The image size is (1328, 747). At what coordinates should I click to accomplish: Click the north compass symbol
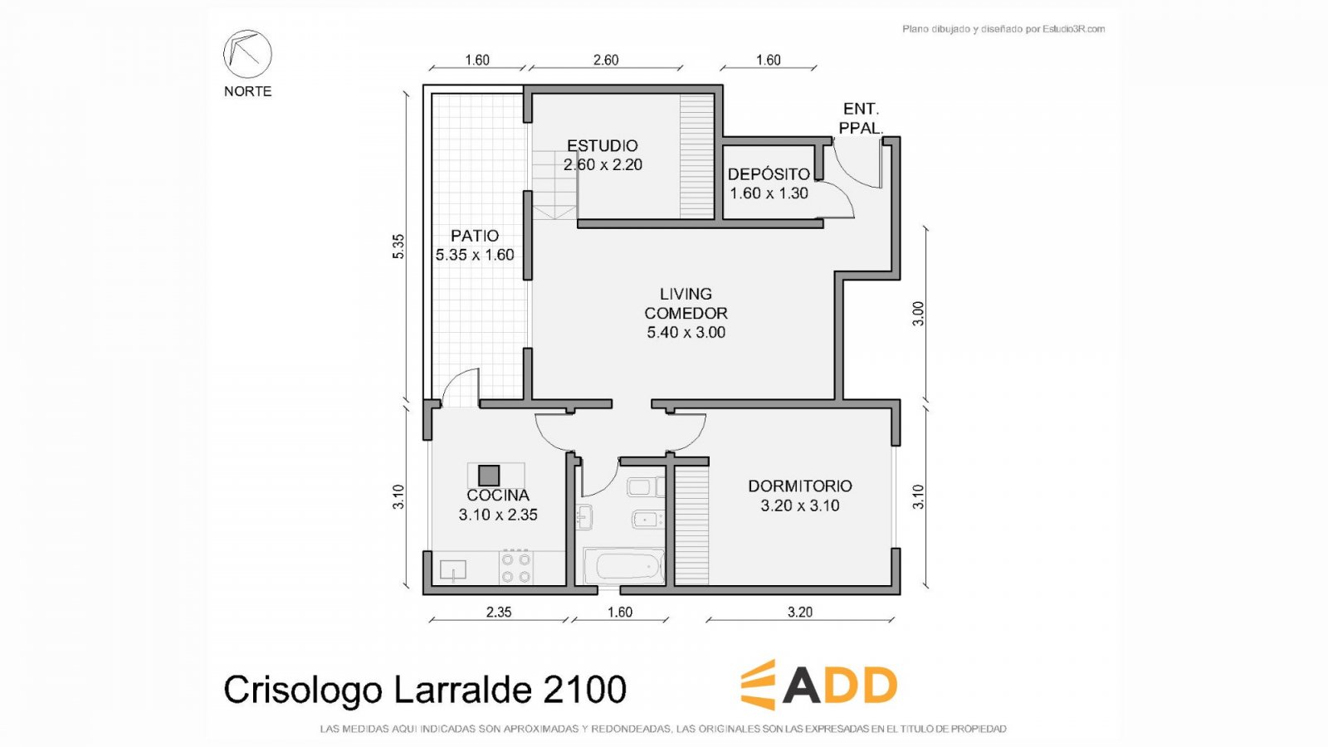(x=247, y=54)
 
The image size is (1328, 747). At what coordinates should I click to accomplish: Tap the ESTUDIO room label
(x=603, y=146)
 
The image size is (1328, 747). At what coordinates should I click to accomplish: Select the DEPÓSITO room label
(x=769, y=174)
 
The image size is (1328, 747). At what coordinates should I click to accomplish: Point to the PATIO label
(x=474, y=236)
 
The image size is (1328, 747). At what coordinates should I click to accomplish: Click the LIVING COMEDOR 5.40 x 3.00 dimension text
(x=686, y=333)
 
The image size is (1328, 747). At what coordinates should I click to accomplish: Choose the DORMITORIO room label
(x=800, y=486)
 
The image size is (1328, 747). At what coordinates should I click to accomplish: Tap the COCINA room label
(x=498, y=496)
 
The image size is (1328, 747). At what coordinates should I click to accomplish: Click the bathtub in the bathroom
(x=623, y=565)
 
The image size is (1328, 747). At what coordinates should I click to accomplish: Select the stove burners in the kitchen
(x=515, y=568)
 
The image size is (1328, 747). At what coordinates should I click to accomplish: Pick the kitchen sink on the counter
(x=453, y=570)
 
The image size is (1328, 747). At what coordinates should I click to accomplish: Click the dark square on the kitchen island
(x=489, y=476)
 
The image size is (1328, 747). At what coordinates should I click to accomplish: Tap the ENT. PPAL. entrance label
(x=861, y=118)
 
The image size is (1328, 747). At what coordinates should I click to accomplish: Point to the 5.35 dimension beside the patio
(x=398, y=247)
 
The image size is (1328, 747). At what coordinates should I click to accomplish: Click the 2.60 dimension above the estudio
(x=606, y=60)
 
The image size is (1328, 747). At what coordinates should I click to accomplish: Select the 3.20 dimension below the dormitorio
(x=800, y=612)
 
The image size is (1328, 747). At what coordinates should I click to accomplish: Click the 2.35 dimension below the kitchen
(x=499, y=612)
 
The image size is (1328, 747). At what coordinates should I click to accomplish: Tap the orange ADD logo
(x=818, y=684)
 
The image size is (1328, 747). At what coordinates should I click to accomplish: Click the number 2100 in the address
(x=584, y=690)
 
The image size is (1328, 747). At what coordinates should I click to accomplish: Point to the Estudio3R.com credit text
(x=1074, y=29)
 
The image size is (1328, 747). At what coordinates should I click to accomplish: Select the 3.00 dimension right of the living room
(x=918, y=314)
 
